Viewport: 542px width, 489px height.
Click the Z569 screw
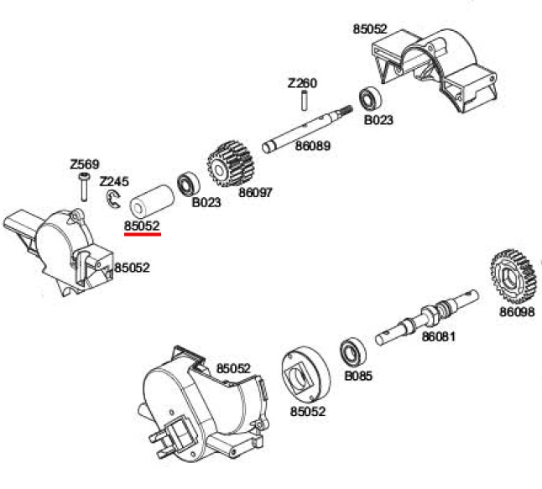pos(84,186)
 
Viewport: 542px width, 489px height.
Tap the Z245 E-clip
pos(112,200)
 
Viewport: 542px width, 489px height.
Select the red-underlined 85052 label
pos(142,226)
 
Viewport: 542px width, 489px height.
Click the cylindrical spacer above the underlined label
pos(152,201)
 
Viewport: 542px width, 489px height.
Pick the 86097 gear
pos(231,164)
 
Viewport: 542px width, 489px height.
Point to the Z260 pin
pos(305,100)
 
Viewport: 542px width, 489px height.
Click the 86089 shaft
pos(307,128)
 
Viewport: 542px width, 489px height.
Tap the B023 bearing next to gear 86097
pos(189,184)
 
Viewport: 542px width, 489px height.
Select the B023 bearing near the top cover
pos(370,98)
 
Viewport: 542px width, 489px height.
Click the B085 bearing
pos(353,351)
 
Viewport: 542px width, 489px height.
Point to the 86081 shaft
pos(427,317)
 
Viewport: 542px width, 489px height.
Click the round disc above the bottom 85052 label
pos(306,375)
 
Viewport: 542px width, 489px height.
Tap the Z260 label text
pos(302,83)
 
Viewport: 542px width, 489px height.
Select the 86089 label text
pos(312,146)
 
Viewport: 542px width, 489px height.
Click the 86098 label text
pos(517,312)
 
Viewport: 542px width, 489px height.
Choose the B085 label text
pos(358,376)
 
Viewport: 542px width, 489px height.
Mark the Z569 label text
pos(85,164)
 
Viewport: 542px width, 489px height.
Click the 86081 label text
pos(438,336)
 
